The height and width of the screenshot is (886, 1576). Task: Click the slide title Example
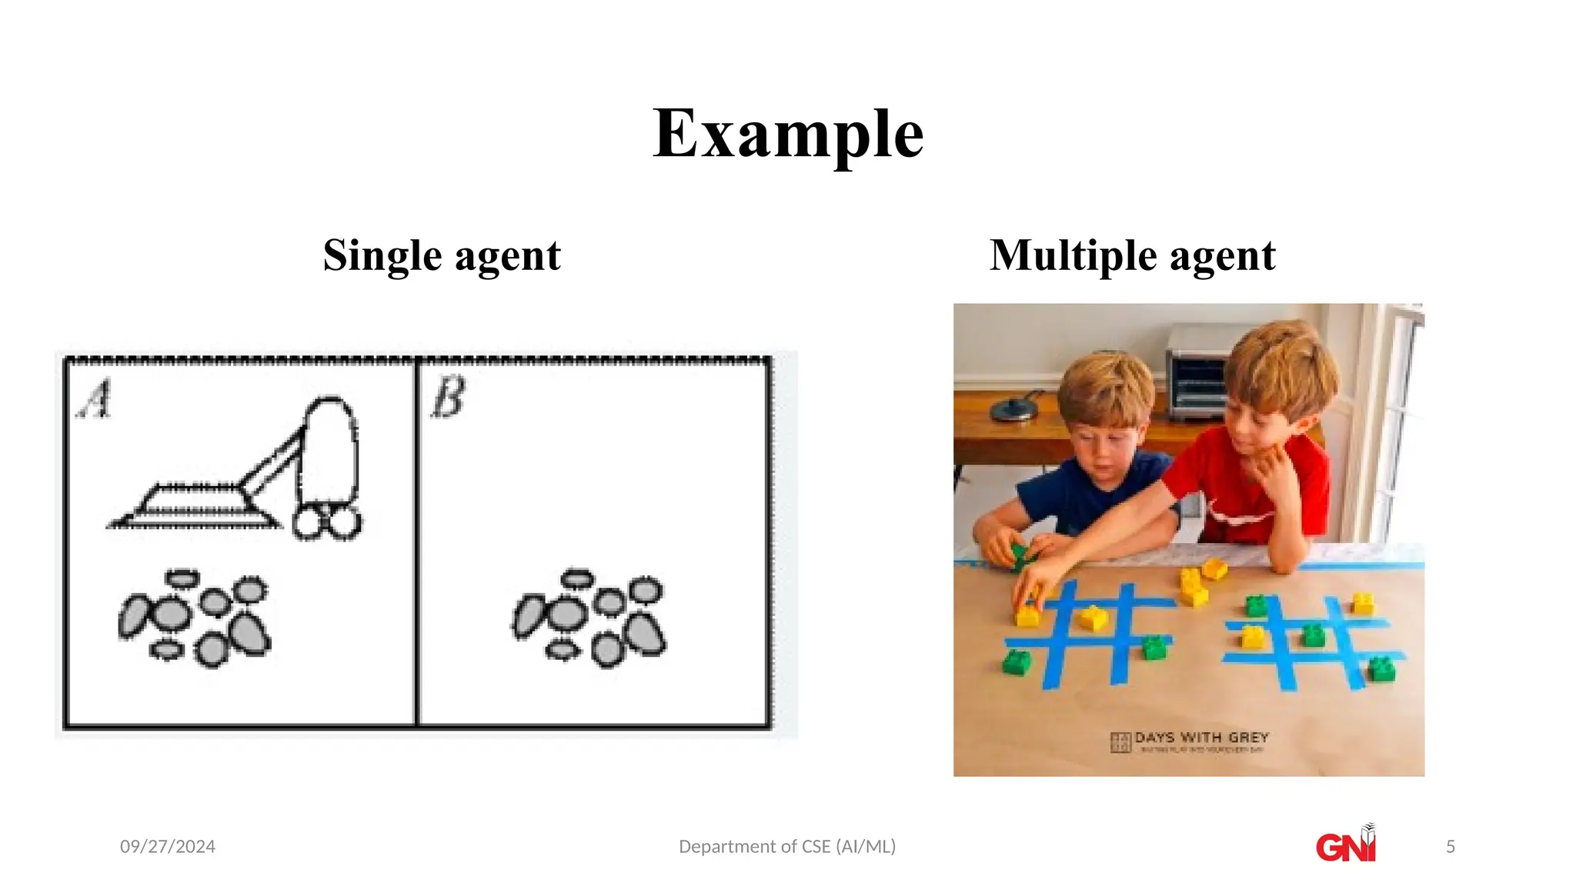click(x=788, y=134)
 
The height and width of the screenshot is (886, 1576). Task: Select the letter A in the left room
click(x=95, y=399)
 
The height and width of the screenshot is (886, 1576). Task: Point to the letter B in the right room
click(x=449, y=398)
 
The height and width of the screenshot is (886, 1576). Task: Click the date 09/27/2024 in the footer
click(x=168, y=847)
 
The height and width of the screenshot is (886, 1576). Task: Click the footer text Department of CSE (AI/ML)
click(x=787, y=847)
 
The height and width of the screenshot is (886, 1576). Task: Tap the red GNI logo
click(x=1345, y=845)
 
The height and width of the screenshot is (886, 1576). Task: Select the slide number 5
click(x=1451, y=847)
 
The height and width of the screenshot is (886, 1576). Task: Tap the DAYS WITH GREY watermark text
click(x=1200, y=738)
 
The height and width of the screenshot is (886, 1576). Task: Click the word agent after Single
click(x=508, y=256)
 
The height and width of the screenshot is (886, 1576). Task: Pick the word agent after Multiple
click(x=1223, y=256)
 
